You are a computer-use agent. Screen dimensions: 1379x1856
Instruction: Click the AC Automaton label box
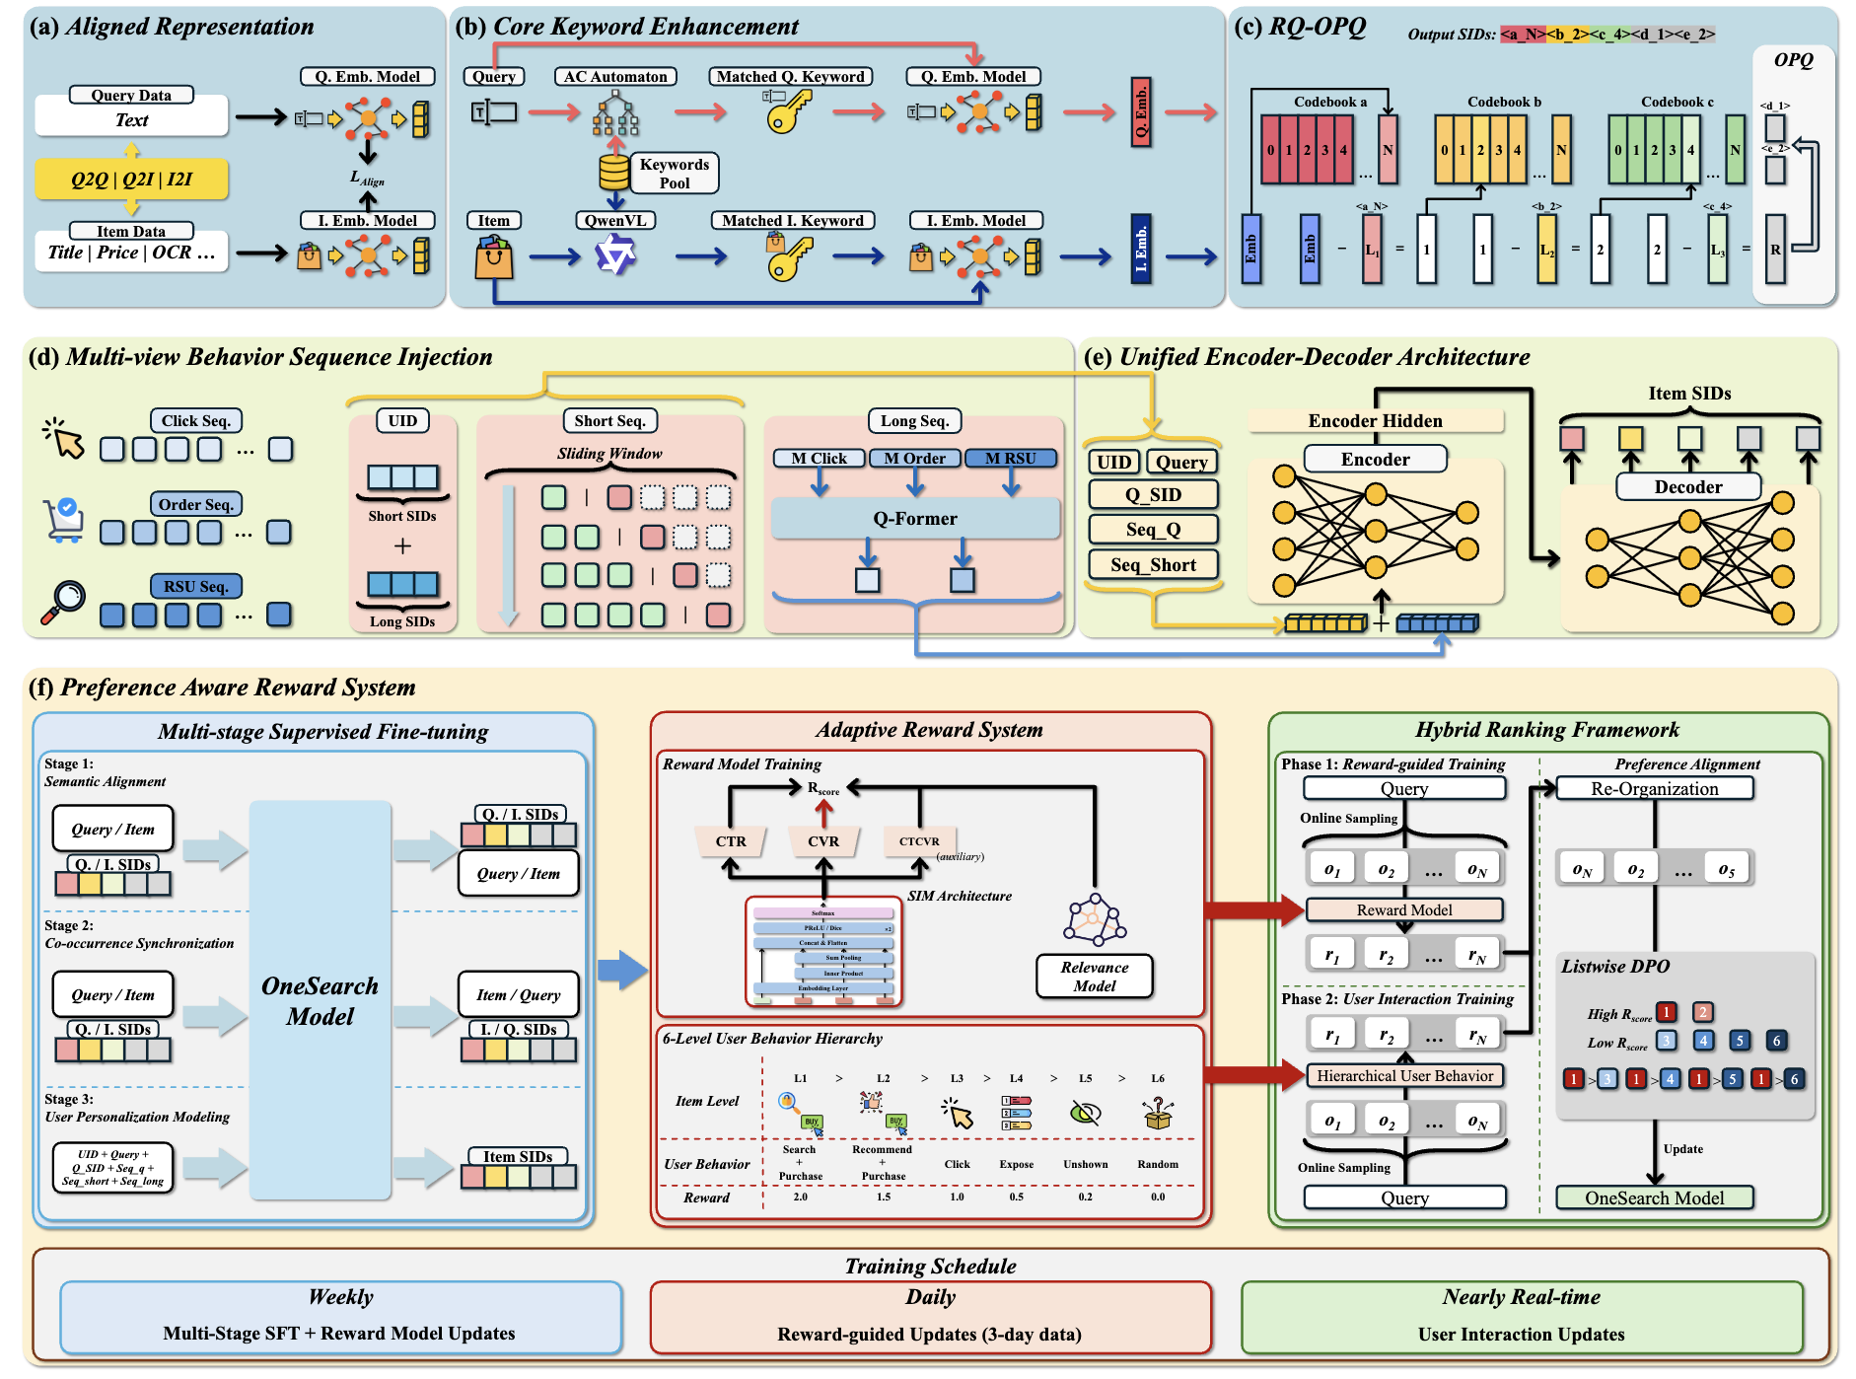(x=615, y=77)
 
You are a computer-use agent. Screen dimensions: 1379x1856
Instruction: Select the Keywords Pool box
(x=675, y=174)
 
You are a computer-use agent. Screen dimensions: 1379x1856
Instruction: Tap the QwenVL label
(x=615, y=221)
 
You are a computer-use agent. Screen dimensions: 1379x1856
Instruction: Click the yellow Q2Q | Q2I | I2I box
(x=131, y=180)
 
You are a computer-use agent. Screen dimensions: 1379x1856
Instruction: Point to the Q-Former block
(x=915, y=519)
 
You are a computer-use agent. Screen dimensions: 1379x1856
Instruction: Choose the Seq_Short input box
(x=1153, y=565)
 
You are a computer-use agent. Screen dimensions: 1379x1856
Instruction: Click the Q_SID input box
(x=1153, y=495)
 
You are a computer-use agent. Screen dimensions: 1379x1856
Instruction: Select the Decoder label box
(x=1688, y=487)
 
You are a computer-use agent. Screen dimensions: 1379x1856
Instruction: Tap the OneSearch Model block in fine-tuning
(x=320, y=1000)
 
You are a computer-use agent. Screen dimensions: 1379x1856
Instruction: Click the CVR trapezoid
(x=823, y=841)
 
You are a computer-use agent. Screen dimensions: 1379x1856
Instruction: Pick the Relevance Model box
(x=1095, y=977)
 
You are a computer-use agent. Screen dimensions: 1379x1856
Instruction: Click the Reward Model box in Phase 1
(x=1404, y=910)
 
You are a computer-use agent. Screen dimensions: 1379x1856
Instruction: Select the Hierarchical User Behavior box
(x=1404, y=1076)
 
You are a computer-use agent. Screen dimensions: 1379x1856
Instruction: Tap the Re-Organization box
(x=1654, y=789)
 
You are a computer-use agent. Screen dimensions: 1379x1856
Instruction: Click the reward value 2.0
(x=801, y=1198)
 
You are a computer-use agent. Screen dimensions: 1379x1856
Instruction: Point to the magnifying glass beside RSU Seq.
(x=64, y=602)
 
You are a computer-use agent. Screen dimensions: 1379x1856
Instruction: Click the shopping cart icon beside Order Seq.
(x=64, y=520)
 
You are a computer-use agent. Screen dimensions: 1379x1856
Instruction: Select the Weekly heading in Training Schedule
(x=340, y=1297)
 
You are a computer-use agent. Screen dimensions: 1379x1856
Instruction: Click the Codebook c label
(x=1677, y=102)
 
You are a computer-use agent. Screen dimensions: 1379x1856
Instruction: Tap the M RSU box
(x=1011, y=459)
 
